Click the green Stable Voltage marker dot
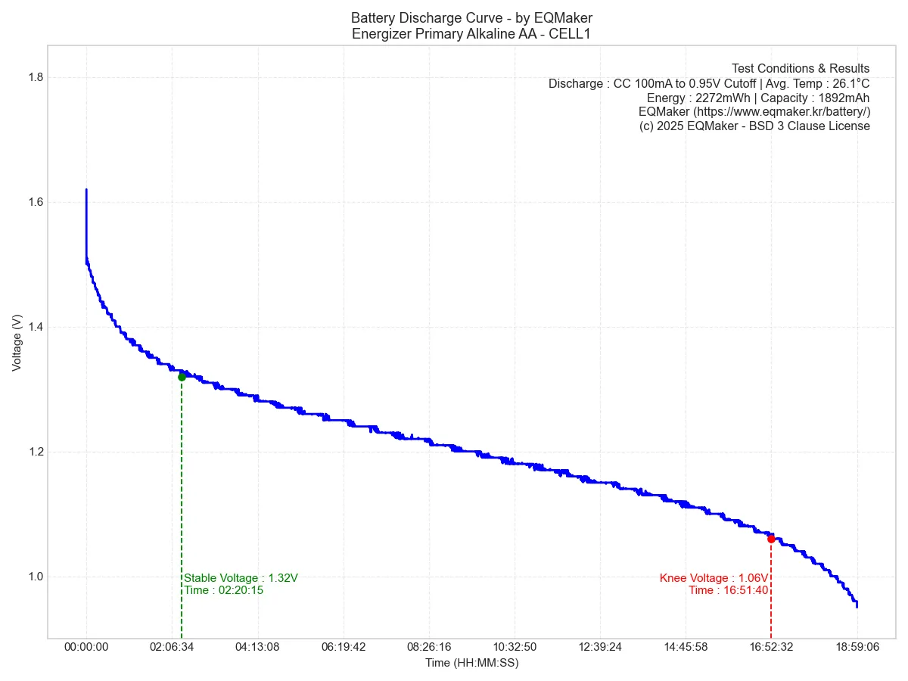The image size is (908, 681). pos(182,377)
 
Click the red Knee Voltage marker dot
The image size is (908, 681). pos(771,539)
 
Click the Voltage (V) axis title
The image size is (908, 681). pos(17,343)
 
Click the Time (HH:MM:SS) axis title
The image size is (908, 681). pos(471,663)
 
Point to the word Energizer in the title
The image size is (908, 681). pos(378,33)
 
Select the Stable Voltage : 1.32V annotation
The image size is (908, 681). pos(241,578)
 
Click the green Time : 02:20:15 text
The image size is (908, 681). pos(224,590)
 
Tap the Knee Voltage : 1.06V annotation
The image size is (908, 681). pos(714,578)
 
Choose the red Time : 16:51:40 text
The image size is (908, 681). pos(729,590)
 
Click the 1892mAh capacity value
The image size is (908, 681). pos(844,98)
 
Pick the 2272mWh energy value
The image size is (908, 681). pos(722,98)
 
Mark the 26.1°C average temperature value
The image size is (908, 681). pos(851,83)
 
